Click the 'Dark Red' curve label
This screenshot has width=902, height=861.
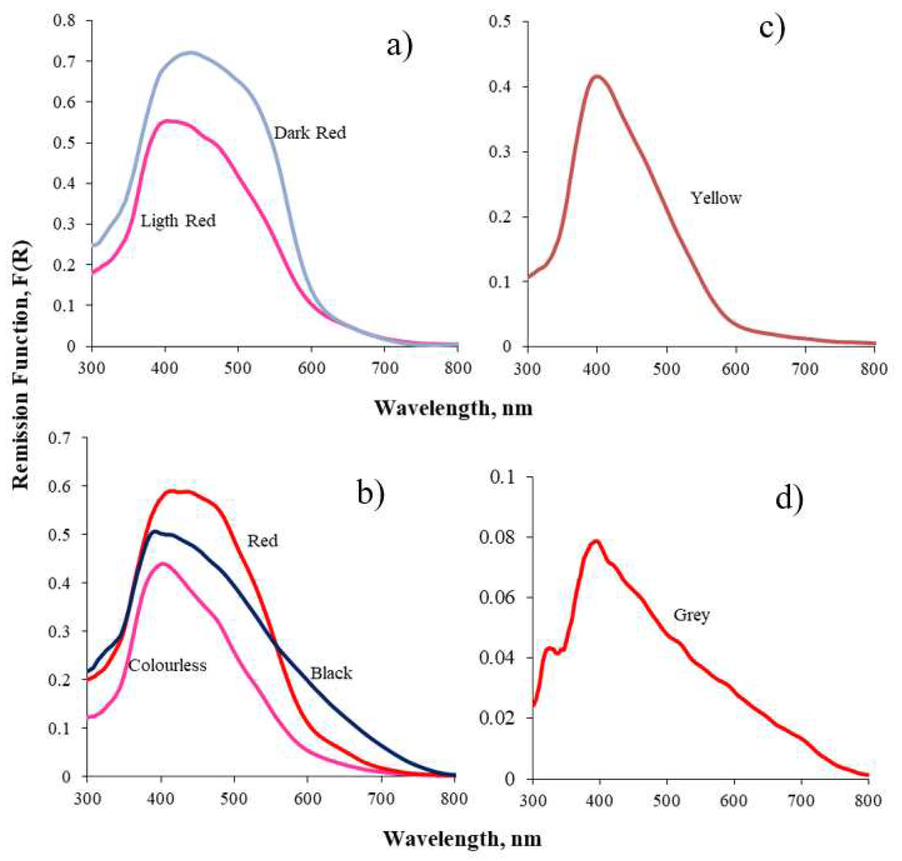pos(310,133)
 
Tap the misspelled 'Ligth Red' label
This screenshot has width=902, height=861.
pos(178,220)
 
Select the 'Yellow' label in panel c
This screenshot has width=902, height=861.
pos(716,198)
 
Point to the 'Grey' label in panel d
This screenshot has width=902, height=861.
pos(691,615)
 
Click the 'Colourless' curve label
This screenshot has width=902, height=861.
pos(167,665)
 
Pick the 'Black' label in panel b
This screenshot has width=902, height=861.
pos(331,673)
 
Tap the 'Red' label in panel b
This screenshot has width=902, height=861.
pos(263,540)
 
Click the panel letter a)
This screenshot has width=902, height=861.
pos(399,46)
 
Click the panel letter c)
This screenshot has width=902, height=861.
pos(772,27)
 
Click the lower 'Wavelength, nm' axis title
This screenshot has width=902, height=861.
pos(462,839)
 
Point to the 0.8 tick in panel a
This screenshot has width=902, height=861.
pos(64,20)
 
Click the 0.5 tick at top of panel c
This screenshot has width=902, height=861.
pos(500,21)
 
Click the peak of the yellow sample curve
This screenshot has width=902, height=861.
pos(597,77)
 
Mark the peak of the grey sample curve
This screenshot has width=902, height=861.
pos(596,541)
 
